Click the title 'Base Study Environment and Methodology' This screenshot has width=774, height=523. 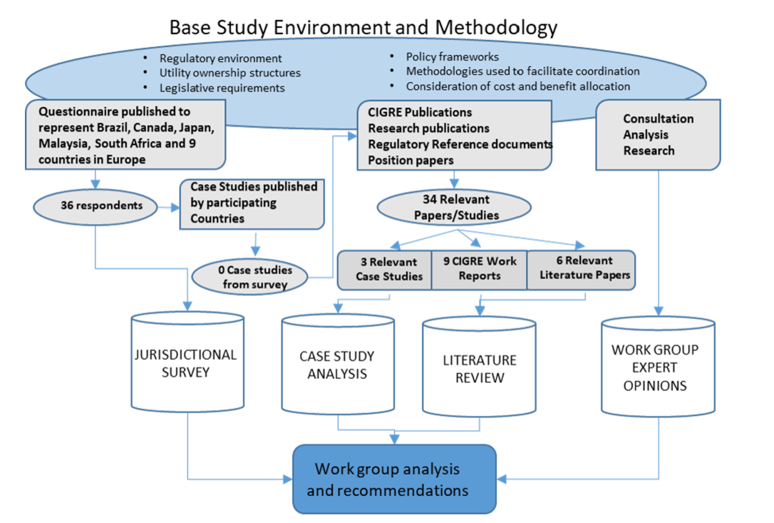pyautogui.click(x=363, y=28)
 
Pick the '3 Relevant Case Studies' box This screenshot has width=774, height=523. pyautogui.click(x=385, y=269)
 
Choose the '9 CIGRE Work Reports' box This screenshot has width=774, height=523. pyautogui.click(x=479, y=269)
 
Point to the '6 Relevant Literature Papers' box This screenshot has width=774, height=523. pyautogui.click(x=580, y=269)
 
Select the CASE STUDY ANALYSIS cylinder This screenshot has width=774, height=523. pyautogui.click(x=337, y=365)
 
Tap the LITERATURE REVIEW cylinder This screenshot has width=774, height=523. pyautogui.click(x=479, y=368)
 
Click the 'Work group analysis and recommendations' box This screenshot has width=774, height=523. pyautogui.click(x=393, y=479)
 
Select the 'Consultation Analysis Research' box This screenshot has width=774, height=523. pyautogui.click(x=658, y=135)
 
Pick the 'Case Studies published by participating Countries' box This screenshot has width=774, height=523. pyautogui.click(x=253, y=203)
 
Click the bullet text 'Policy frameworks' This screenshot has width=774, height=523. pyautogui.click(x=452, y=57)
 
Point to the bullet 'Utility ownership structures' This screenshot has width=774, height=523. pyautogui.click(x=229, y=73)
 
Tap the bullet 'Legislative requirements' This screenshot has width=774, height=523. pyautogui.click(x=222, y=88)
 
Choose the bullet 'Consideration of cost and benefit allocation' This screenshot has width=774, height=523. pyautogui.click(x=517, y=86)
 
